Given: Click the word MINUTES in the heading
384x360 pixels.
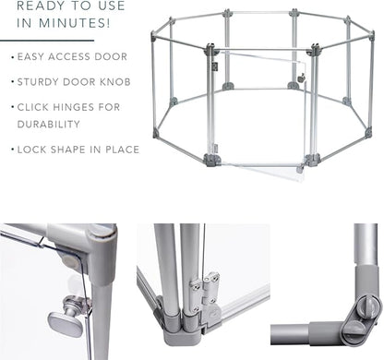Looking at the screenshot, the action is tap(75, 23).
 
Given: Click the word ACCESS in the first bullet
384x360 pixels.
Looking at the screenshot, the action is tap(69, 56).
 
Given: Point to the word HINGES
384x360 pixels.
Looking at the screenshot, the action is tap(74, 107).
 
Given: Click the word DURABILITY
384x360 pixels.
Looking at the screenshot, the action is tap(49, 125).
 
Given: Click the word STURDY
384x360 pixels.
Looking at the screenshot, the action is tap(38, 82).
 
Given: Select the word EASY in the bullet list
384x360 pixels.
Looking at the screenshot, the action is tap(30, 56).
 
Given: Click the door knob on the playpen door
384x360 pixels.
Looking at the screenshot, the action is tap(301, 78).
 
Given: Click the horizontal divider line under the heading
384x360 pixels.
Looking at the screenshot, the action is tap(47, 41).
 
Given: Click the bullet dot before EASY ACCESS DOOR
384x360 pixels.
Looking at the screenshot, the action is tap(13, 57).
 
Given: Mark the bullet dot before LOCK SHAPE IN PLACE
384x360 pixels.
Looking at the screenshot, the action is tap(13, 150).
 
